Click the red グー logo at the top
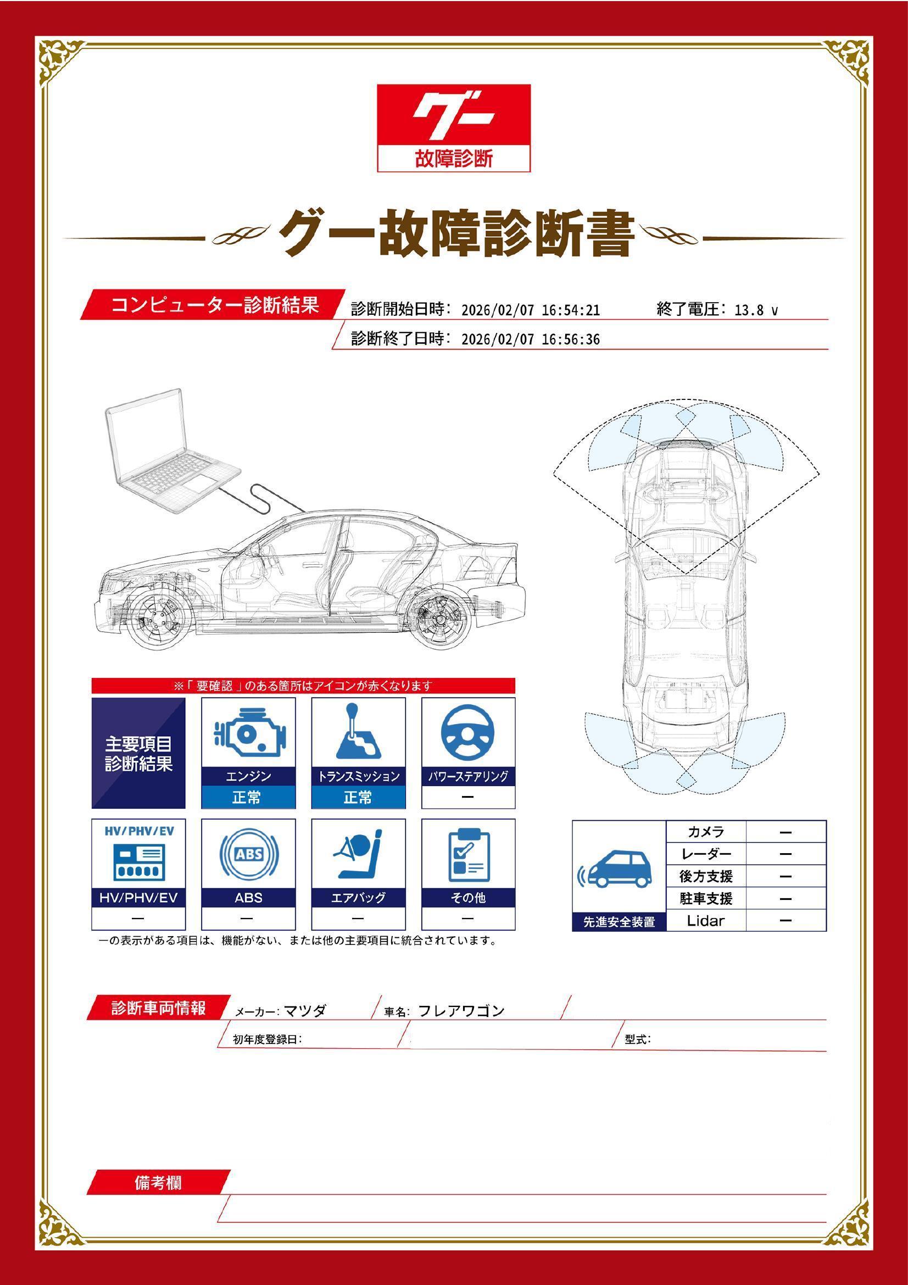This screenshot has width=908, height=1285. pyautogui.click(x=453, y=127)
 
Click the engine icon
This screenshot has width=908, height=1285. pyautogui.click(x=248, y=734)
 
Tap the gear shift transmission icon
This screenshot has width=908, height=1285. pyautogui.click(x=358, y=731)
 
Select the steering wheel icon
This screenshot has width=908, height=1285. pyautogui.click(x=468, y=734)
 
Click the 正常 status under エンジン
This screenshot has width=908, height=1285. pyautogui.click(x=248, y=797)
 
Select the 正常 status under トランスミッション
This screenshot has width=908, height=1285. pyautogui.click(x=358, y=797)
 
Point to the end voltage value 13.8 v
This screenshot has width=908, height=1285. pyautogui.click(x=756, y=310)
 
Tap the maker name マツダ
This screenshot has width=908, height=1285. pyautogui.click(x=305, y=1011)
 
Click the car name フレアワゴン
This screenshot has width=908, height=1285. pyautogui.click(x=461, y=1011)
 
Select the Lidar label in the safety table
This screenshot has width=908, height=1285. pyautogui.click(x=705, y=921)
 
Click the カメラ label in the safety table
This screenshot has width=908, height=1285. pyautogui.click(x=705, y=832)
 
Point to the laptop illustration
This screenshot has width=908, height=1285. pyautogui.click(x=173, y=452)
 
